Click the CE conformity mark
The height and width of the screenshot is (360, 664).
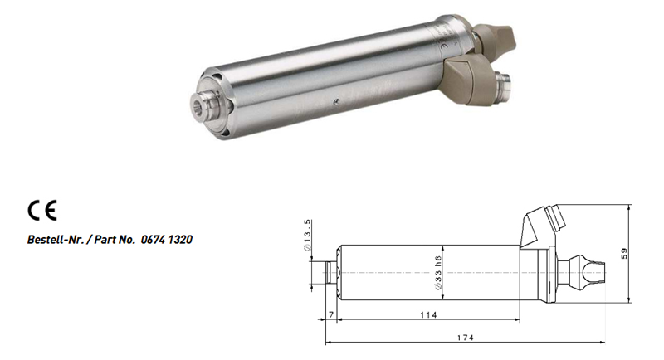click(x=42, y=210)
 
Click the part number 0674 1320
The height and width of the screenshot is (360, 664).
click(x=167, y=240)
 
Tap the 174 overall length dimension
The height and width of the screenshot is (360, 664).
click(x=465, y=338)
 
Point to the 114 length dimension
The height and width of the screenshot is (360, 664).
click(x=428, y=314)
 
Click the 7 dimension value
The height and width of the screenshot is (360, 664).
click(x=331, y=314)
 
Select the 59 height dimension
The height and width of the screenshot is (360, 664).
click(x=624, y=253)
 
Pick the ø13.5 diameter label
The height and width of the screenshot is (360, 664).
click(x=307, y=235)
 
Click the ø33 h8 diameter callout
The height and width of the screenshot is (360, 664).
click(x=438, y=273)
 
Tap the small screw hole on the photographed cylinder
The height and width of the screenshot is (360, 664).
click(x=335, y=100)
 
